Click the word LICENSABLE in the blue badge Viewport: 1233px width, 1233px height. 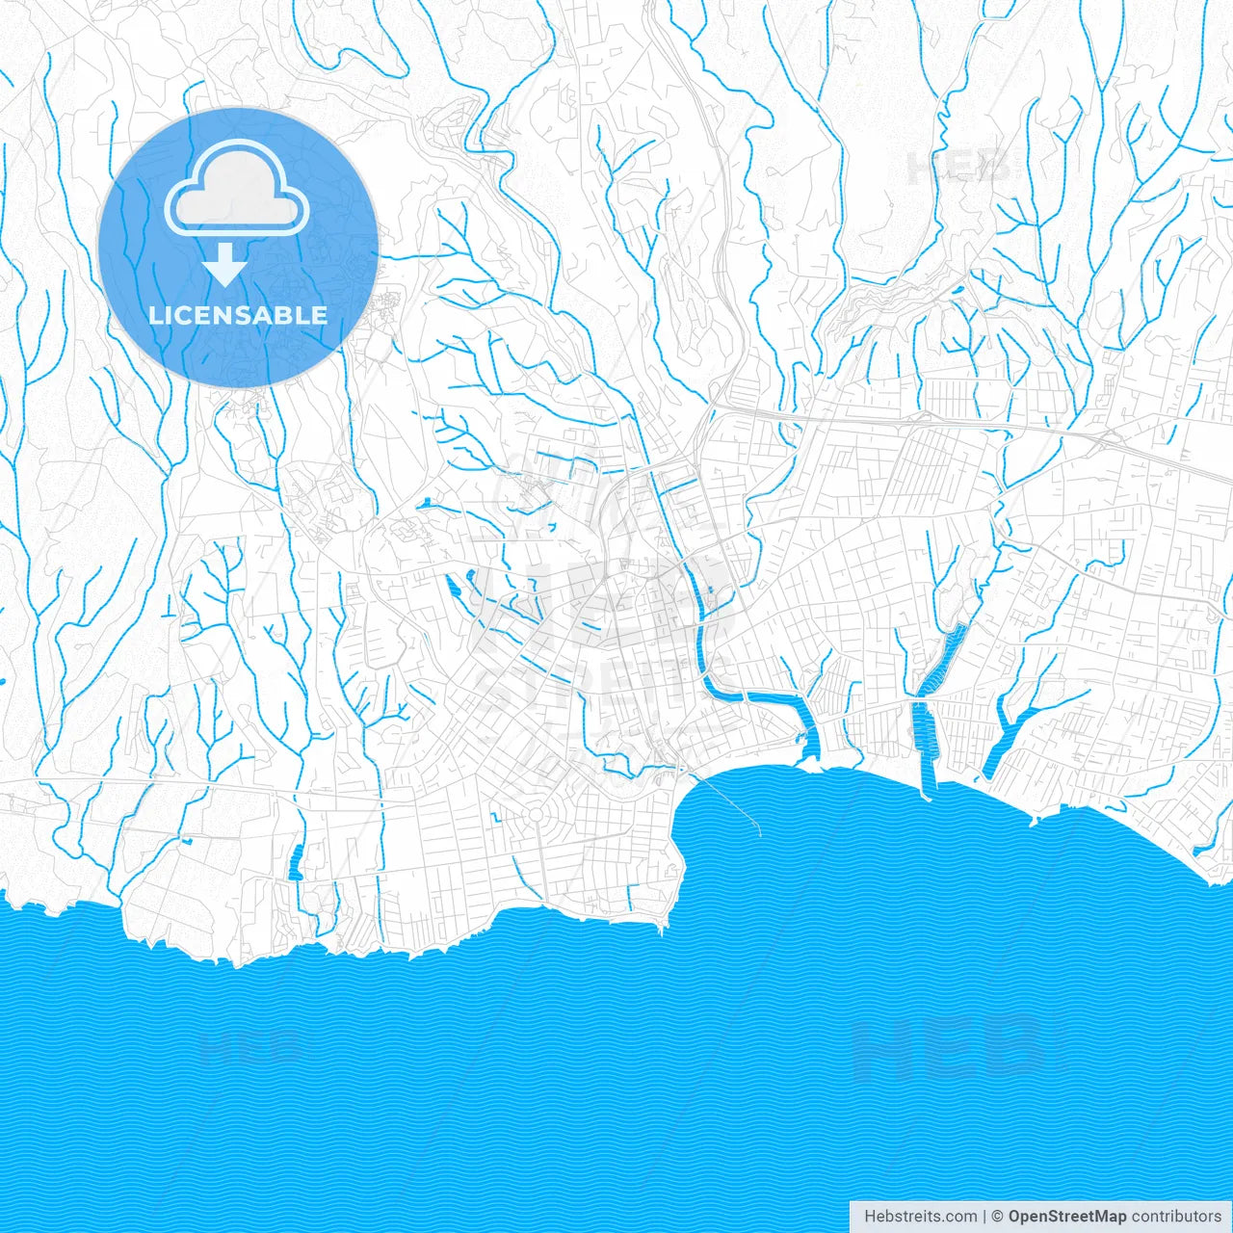tap(238, 315)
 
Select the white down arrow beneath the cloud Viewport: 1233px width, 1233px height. tap(225, 265)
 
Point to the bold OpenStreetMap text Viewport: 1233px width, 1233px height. tap(1066, 1217)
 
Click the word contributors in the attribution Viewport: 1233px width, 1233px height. tap(1176, 1217)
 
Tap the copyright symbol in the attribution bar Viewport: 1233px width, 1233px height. tap(998, 1217)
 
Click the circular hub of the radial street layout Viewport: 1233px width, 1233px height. tap(536, 817)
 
